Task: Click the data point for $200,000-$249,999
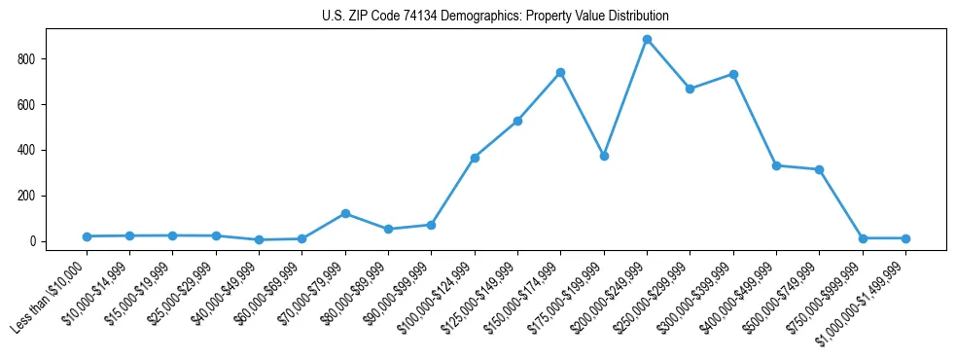(647, 40)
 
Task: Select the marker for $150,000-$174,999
(560, 73)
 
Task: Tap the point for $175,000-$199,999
(604, 156)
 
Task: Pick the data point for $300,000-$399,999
(733, 74)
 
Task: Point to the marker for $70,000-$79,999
(345, 214)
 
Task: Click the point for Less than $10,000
(87, 236)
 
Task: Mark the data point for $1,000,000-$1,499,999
(905, 238)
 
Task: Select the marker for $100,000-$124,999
(475, 158)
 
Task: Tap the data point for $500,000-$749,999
(820, 169)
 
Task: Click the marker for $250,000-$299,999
(690, 89)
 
